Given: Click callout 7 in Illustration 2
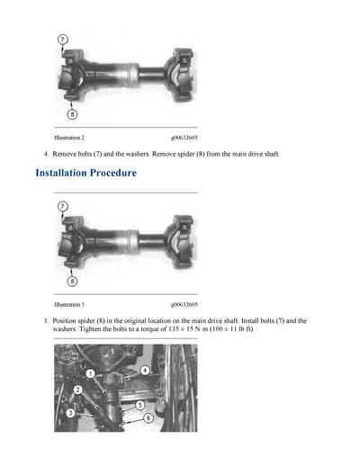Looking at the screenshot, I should tap(61, 40).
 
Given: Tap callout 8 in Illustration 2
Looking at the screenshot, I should tap(71, 114).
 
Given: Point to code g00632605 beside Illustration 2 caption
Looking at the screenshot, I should tap(184, 138).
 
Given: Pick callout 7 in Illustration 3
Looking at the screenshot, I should tap(61, 207).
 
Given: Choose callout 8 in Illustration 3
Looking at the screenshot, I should tap(71, 281).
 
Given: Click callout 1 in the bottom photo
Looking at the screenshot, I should tap(89, 371).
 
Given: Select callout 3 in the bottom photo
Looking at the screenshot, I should tap(70, 412).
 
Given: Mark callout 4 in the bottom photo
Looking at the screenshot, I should tap(145, 370).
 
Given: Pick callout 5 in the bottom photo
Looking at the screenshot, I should tap(140, 405).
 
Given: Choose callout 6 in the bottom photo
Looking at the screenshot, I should tap(148, 418).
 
